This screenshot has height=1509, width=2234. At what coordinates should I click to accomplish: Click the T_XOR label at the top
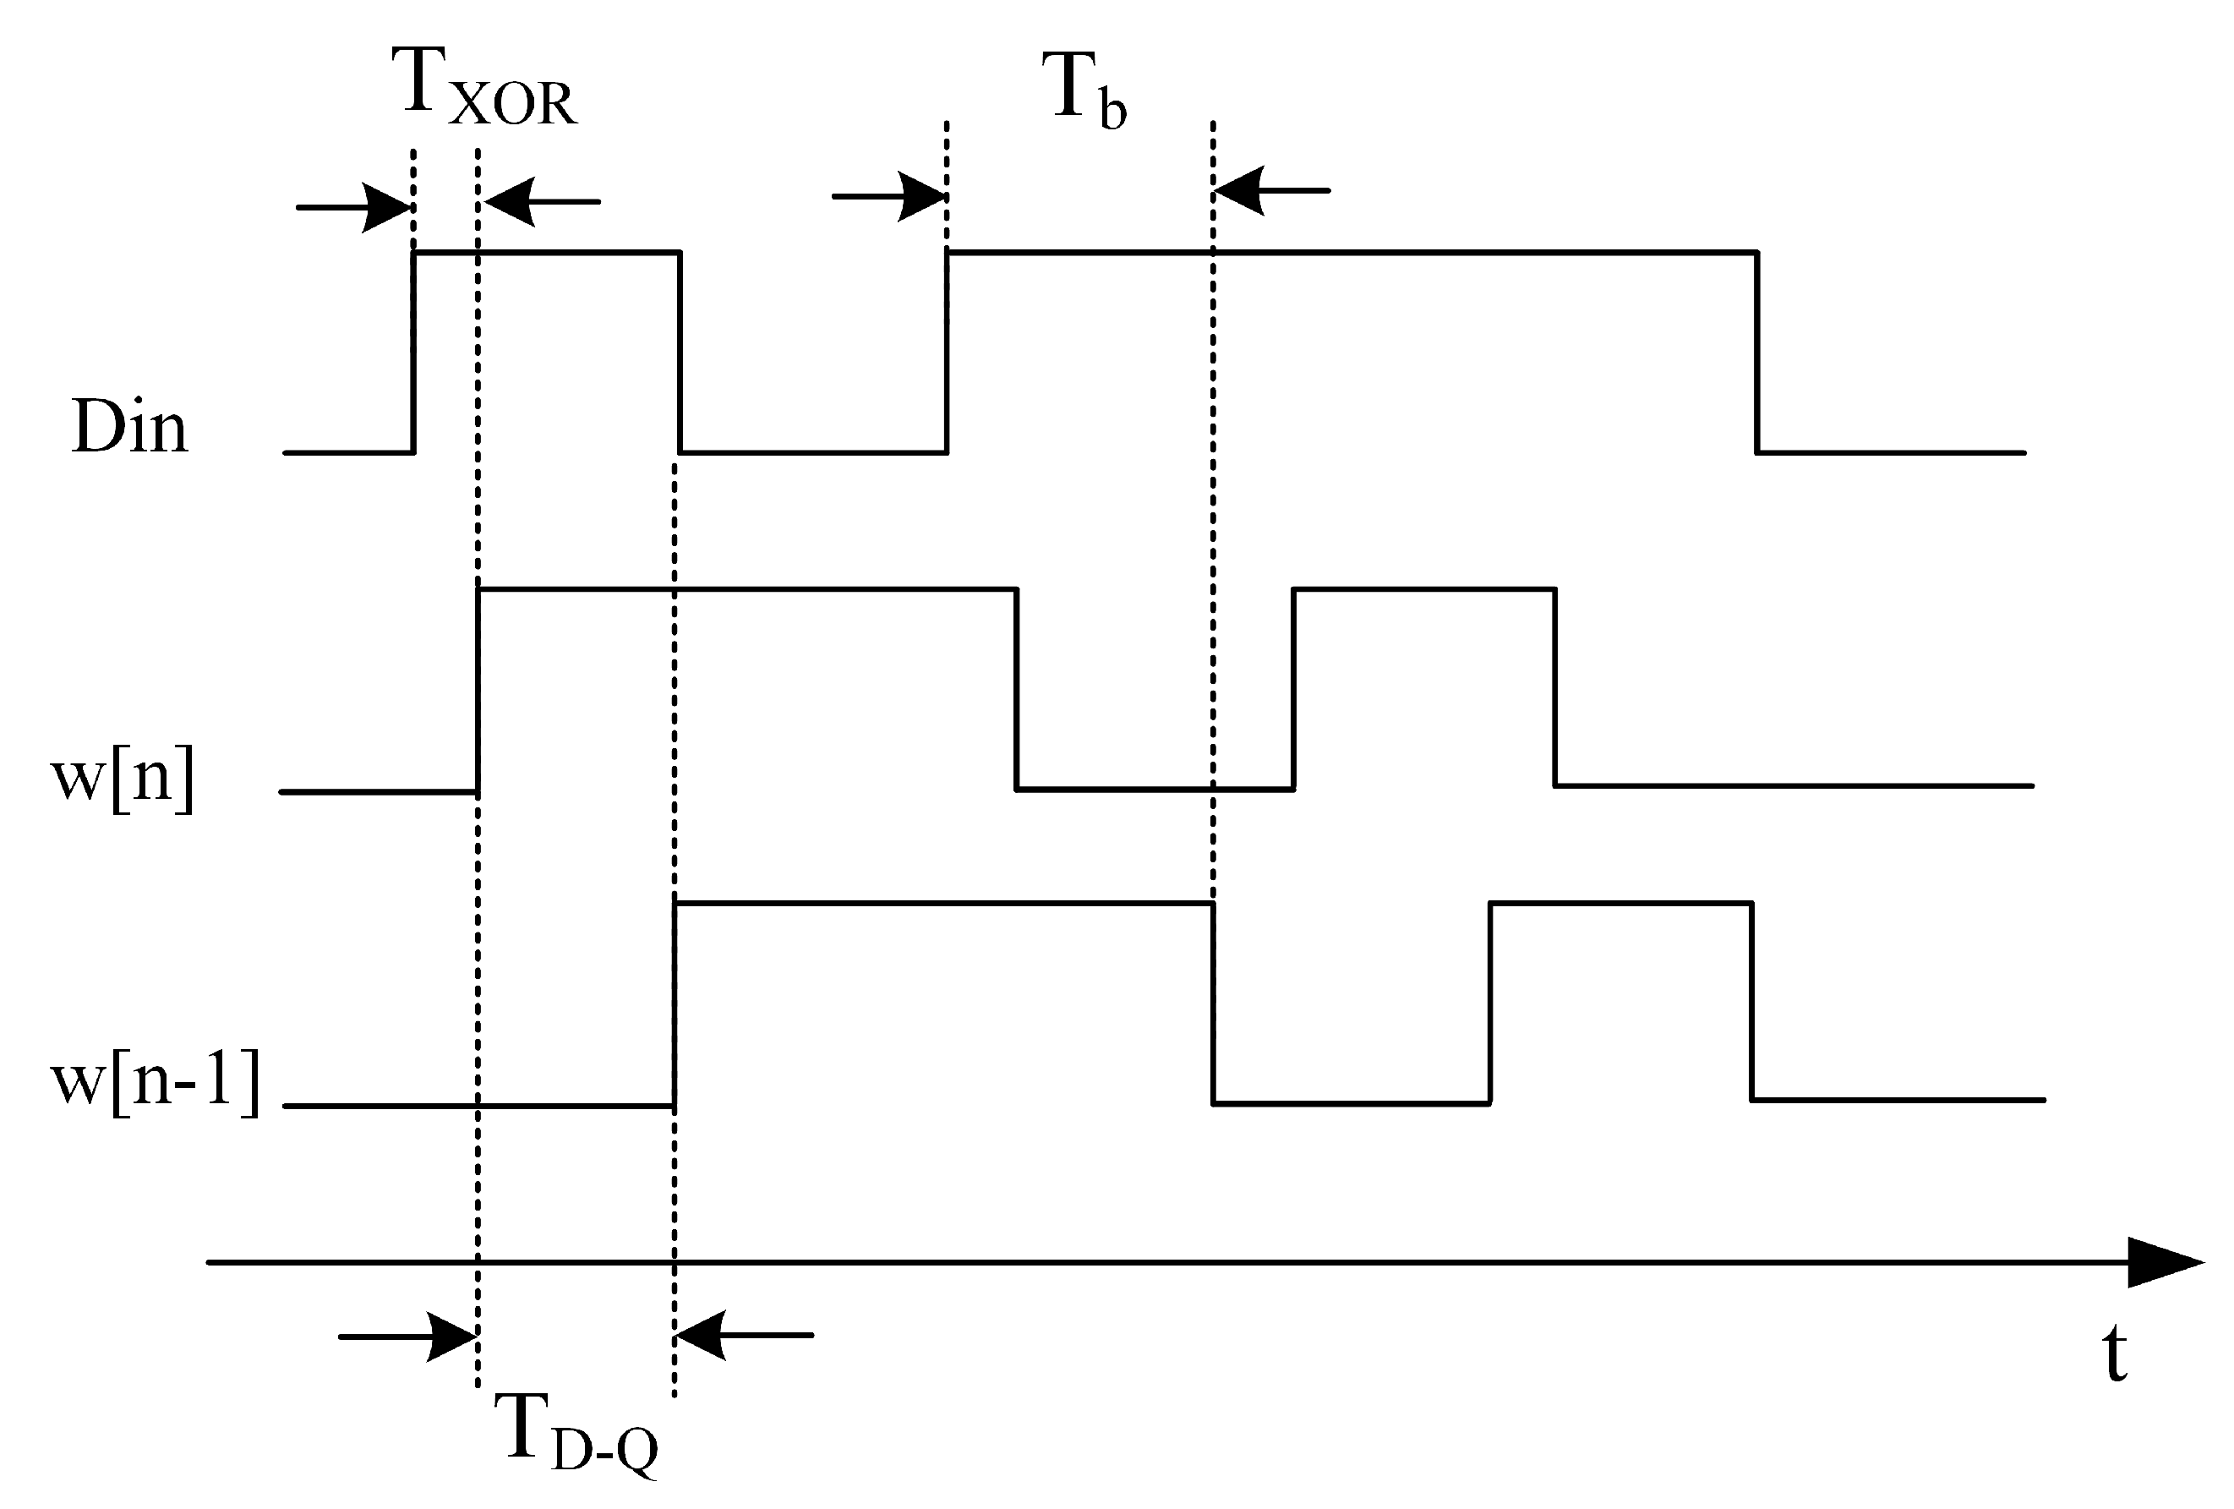pos(483,89)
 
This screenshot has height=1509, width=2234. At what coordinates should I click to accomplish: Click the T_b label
pos(1083,91)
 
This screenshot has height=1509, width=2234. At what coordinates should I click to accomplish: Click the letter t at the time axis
pos(2114,1355)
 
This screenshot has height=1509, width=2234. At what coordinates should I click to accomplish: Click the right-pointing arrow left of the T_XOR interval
pos(356,206)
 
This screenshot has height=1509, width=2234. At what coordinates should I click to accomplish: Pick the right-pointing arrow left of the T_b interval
pos(890,197)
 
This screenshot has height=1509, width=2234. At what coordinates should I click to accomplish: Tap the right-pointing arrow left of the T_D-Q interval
pos(408,1336)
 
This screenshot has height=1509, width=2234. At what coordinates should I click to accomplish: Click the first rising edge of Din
pos(414,352)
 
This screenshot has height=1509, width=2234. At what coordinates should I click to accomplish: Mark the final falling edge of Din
pos(1757,352)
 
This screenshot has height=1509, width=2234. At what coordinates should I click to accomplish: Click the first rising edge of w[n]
pos(478,689)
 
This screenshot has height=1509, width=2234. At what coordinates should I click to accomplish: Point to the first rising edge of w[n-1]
pos(675,1004)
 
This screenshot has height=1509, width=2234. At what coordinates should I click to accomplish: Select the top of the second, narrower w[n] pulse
pos(1423,588)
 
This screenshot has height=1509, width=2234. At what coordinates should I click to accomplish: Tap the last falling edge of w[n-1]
pos(1751,1001)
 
